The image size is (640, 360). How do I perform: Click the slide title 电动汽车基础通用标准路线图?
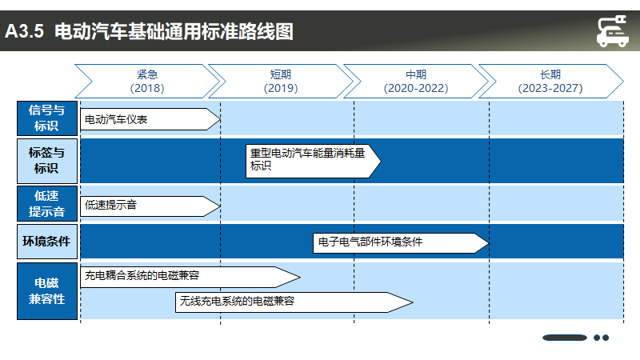pos(174,31)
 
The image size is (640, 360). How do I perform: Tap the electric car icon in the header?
pos(612,31)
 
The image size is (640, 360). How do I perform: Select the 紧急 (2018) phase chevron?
pos(147,82)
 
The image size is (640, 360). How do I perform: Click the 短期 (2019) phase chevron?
pos(281,82)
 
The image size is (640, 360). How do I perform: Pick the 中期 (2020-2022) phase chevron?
pos(416,82)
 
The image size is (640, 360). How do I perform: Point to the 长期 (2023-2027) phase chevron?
pos(550,82)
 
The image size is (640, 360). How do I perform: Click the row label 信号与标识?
pos(47,118)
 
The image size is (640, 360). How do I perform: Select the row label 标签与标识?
pos(47,161)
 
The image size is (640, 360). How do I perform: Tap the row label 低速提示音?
pos(47,204)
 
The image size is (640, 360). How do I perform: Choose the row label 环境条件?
pos(47,242)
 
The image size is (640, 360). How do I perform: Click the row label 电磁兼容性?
pos(47,291)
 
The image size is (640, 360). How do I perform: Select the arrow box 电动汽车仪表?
pos(150,119)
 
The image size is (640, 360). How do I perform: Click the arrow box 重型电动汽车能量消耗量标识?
pos(313,161)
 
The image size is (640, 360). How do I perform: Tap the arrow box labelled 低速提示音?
pos(150,206)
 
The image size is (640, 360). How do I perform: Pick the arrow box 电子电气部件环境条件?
pos(401,243)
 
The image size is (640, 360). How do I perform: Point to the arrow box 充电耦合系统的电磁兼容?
pos(190,277)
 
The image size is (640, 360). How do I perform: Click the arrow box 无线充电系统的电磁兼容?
pos(294,302)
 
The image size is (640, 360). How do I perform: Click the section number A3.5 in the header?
pos(25,31)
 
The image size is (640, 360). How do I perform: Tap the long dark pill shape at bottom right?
pos(565,338)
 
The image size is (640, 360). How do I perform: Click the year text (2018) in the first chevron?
pos(147,88)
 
